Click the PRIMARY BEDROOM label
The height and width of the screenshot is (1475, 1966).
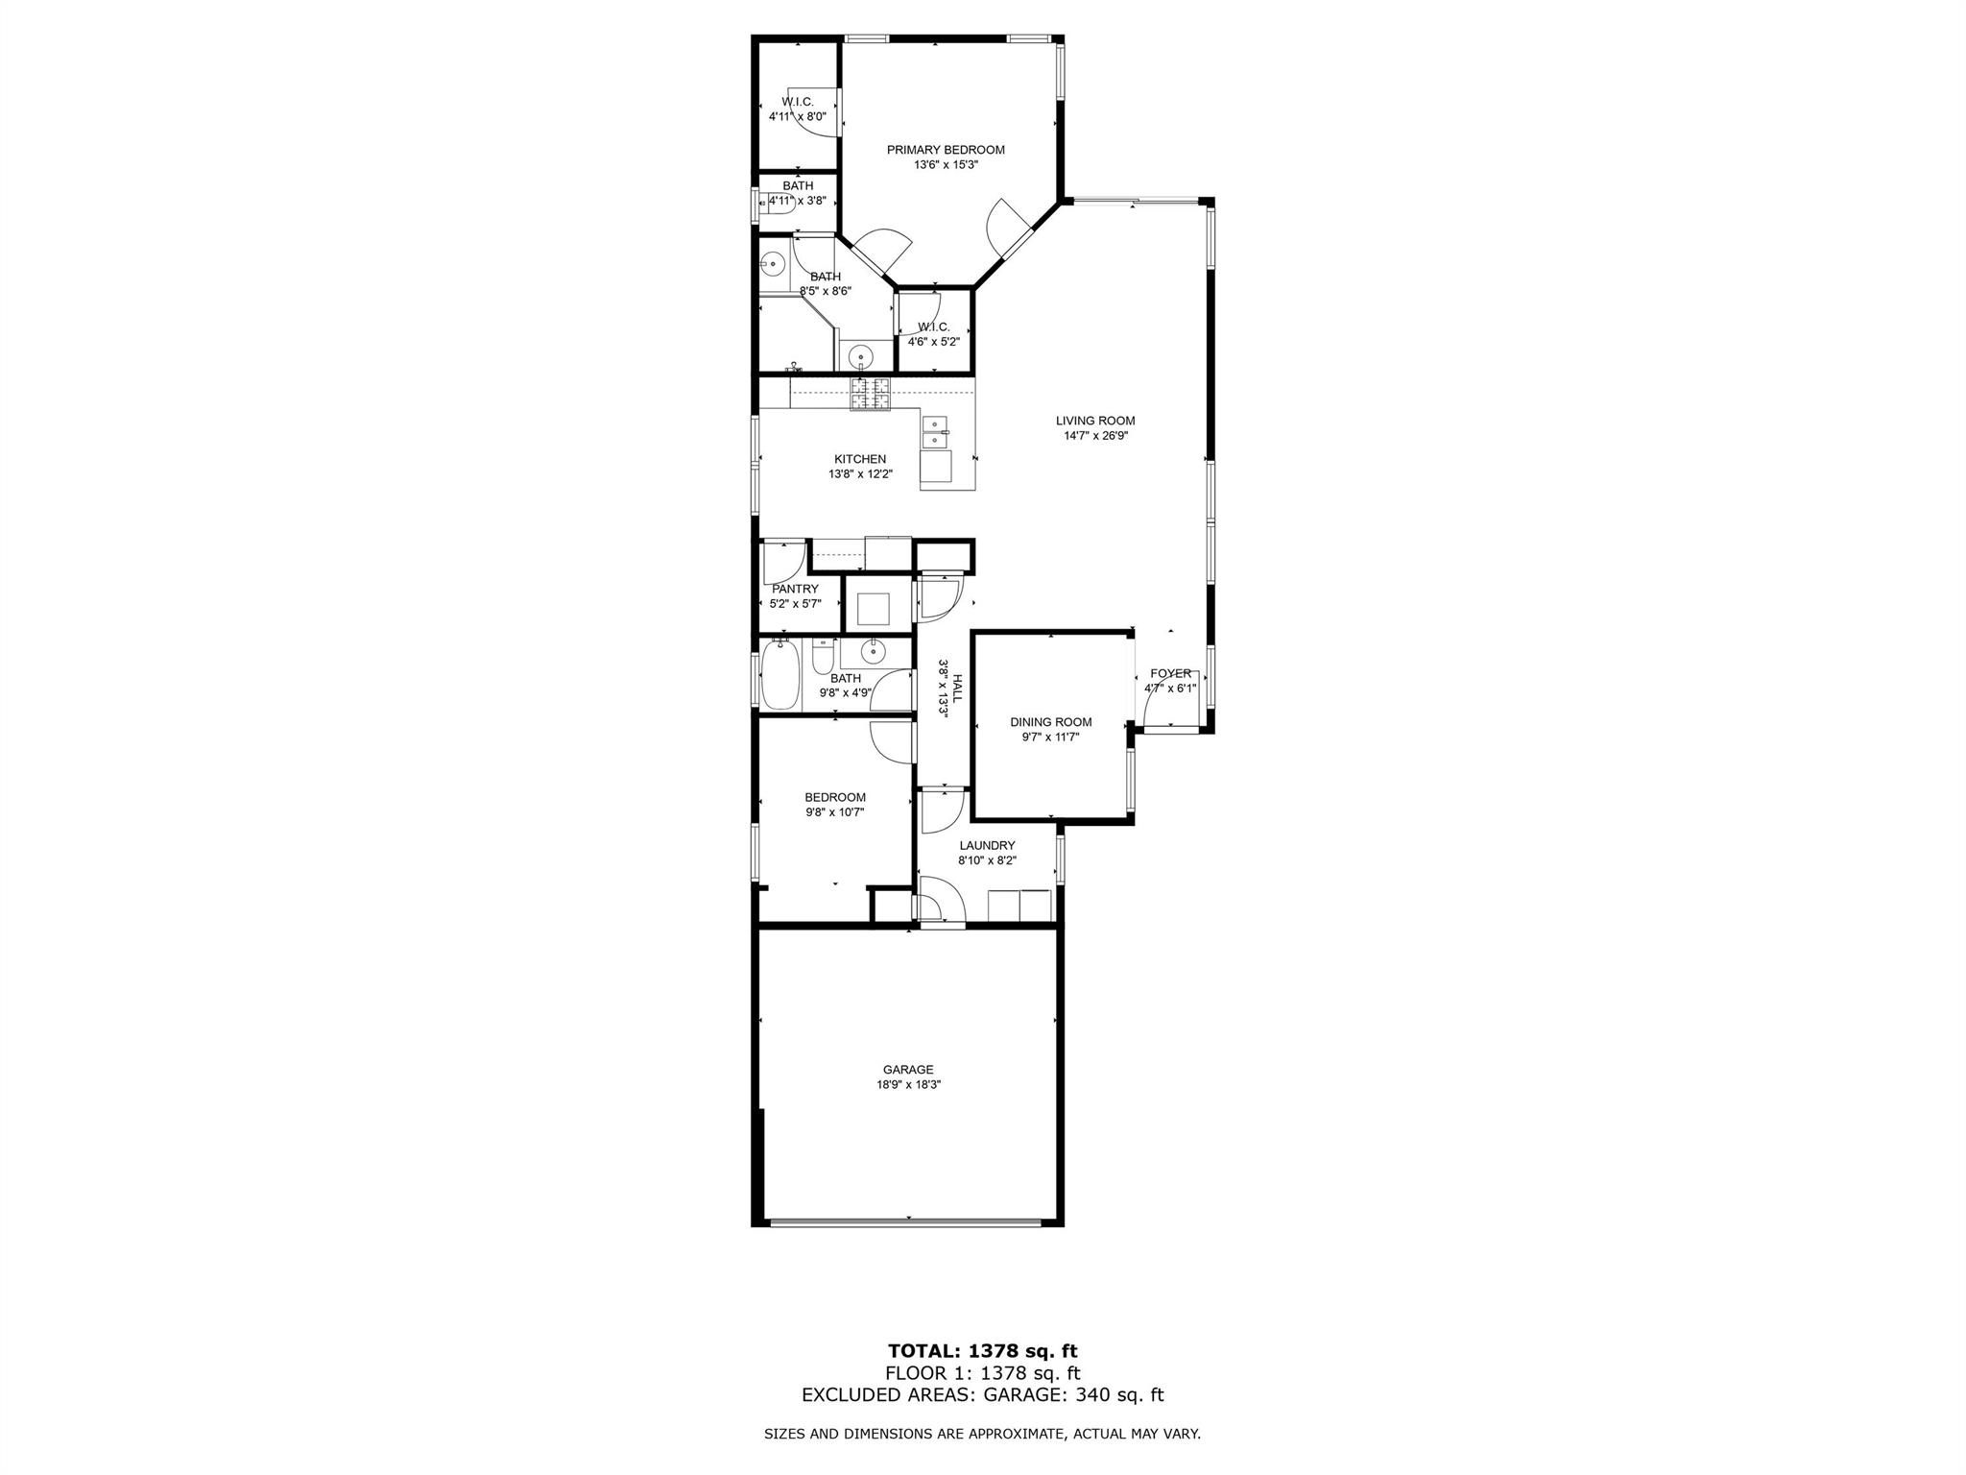pos(945,150)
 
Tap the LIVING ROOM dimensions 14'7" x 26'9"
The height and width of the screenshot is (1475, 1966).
pos(1095,436)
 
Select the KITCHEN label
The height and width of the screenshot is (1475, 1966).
pos(859,459)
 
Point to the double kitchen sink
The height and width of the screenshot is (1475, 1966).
pos(934,432)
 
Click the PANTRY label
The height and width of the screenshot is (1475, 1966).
pos(795,589)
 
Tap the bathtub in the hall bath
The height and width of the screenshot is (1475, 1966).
pos(779,676)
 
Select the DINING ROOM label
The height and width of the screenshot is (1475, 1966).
pos(1050,722)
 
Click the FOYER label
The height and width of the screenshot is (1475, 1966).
pos(1170,673)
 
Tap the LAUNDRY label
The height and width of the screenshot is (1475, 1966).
pos(987,845)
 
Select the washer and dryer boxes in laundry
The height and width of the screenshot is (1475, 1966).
pos(1019,906)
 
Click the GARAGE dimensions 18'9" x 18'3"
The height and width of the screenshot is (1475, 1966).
pos(908,1084)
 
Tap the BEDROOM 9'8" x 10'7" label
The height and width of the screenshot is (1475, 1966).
pos(834,797)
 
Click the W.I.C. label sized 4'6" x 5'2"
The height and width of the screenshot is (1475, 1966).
pos(933,326)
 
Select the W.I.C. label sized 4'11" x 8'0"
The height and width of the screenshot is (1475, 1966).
pos(797,102)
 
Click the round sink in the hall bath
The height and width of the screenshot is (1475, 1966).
pos(873,651)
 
